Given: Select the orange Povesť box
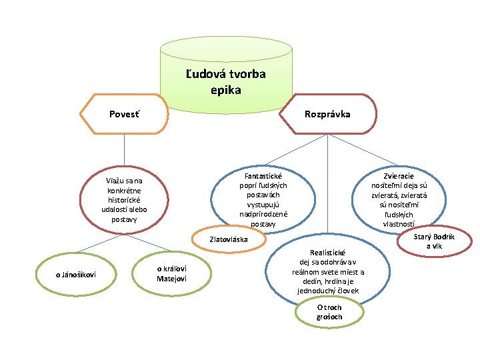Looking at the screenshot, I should point(127,114).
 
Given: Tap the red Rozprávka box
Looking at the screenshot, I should point(327,115).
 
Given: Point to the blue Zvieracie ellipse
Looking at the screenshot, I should point(400,197).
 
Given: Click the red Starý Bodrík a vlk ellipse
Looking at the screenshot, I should point(433,241).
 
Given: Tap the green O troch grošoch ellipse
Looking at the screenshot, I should point(329,312).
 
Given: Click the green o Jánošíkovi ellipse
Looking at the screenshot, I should point(71,273).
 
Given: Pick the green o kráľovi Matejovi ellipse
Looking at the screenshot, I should point(172,273).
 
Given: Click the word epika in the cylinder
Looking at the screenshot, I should point(225,89).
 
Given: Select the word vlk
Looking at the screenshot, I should point(439,246).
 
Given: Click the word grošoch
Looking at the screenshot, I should point(329,317).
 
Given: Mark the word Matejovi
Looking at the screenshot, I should point(172,277).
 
